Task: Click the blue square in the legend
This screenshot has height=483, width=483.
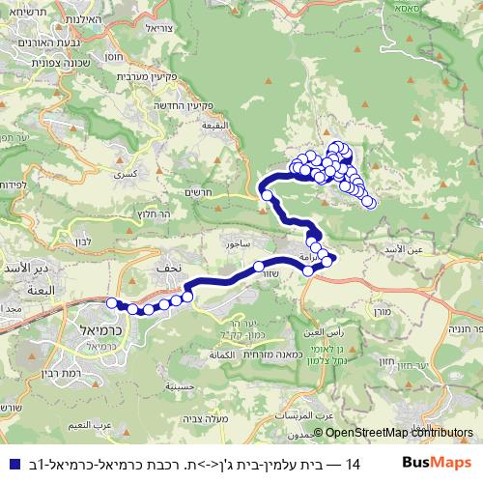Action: (11, 463)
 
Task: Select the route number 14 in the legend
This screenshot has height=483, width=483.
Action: (353, 463)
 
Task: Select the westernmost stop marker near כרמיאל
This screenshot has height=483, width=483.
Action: (111, 303)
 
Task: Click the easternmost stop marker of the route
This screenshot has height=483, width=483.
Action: (369, 202)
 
